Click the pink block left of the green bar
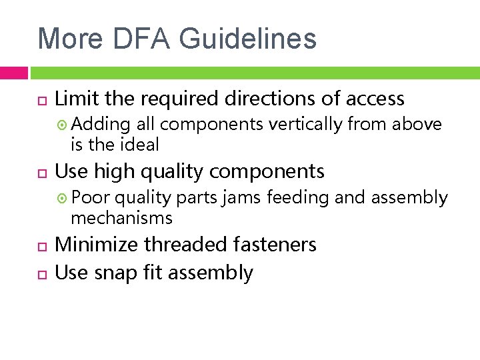(x=13, y=73)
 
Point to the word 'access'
(x=375, y=99)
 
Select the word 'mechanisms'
(x=121, y=217)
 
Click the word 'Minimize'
(x=97, y=245)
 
